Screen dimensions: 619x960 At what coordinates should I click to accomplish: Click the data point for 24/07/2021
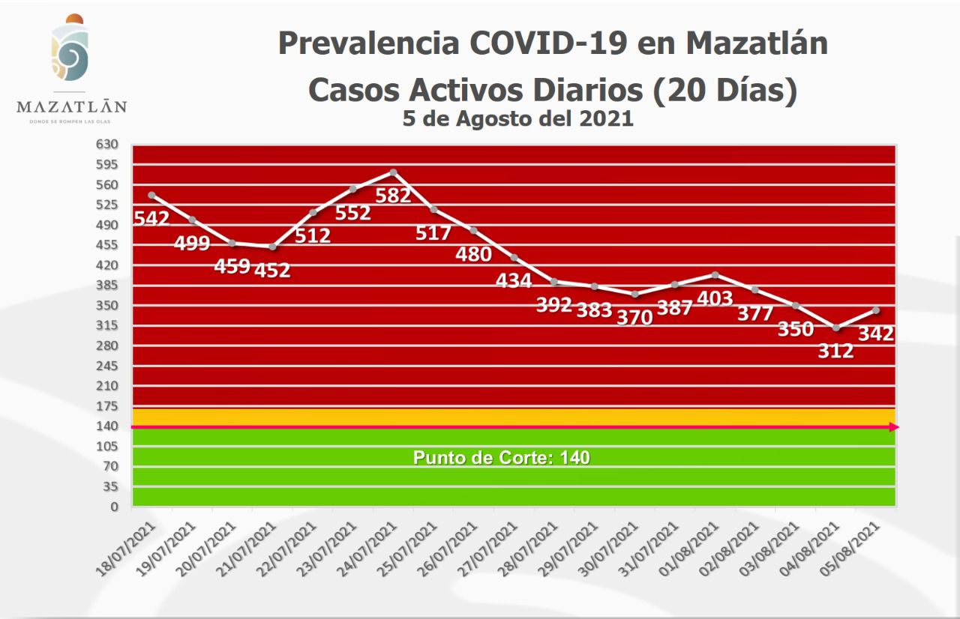393,172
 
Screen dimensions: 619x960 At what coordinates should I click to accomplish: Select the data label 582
393,196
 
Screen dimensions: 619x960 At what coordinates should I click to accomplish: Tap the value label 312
835,350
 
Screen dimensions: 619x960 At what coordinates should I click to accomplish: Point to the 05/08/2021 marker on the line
876,310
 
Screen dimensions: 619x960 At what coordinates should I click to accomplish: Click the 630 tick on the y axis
106,144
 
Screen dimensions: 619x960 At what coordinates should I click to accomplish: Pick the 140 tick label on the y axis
106,426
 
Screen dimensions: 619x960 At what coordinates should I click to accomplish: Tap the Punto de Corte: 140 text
501,457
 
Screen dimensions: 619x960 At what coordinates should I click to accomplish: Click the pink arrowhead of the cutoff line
893,427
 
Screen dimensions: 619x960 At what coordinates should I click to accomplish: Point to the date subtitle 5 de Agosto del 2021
517,118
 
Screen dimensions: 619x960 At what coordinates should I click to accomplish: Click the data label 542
151,219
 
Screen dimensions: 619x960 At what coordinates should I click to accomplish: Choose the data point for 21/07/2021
272,247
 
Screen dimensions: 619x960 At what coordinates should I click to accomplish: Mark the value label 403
715,298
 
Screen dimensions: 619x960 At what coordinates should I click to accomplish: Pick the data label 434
514,281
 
